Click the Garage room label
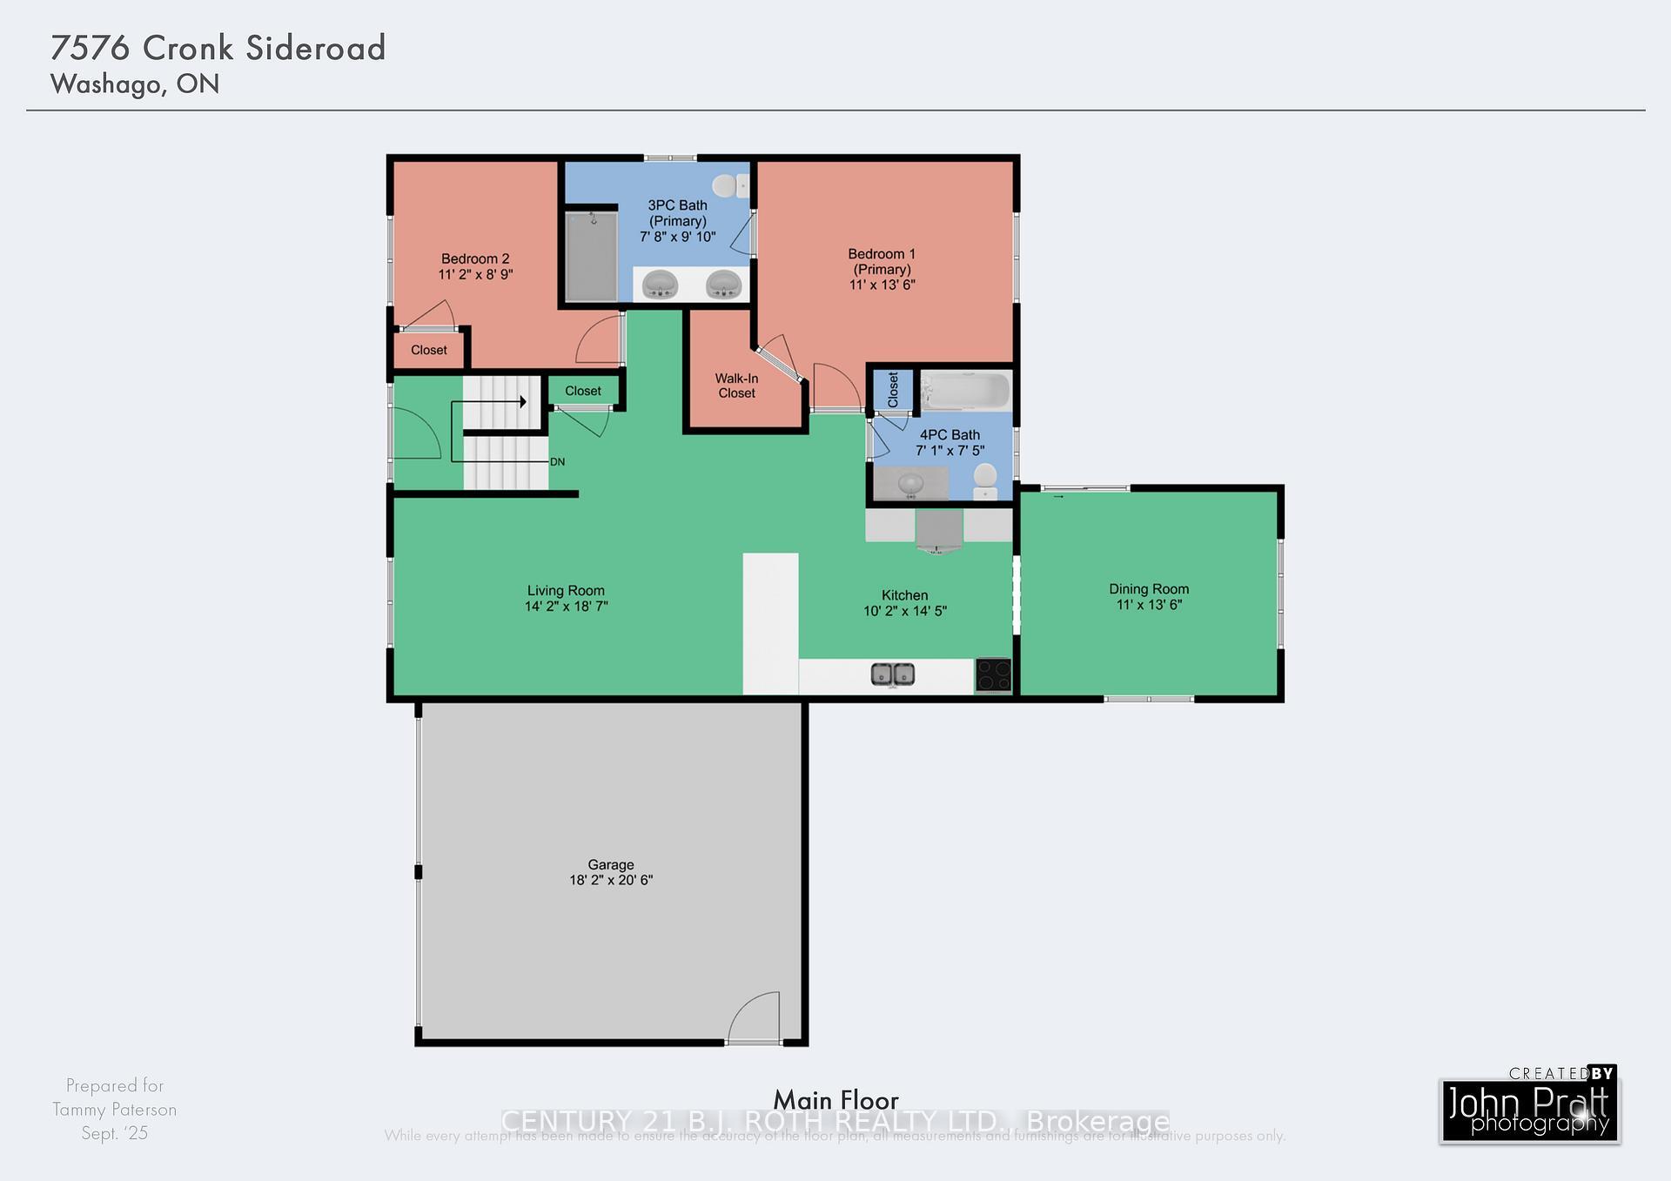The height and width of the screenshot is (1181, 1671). click(610, 864)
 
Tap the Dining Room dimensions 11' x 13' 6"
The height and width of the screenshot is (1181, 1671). click(1149, 605)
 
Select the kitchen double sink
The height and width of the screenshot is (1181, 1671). click(893, 674)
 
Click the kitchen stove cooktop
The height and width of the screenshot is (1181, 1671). click(993, 675)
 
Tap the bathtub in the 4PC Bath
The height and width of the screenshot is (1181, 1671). click(965, 391)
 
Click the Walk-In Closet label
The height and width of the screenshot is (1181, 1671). click(736, 386)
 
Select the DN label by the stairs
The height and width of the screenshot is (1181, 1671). click(557, 462)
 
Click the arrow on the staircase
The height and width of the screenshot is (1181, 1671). click(522, 401)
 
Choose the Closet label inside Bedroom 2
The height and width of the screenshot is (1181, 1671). click(428, 350)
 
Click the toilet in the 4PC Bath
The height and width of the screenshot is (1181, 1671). click(985, 480)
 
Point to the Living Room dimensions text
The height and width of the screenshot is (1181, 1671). click(566, 607)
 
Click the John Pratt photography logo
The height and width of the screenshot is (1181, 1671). click(1529, 1110)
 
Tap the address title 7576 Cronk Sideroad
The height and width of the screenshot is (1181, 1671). click(218, 48)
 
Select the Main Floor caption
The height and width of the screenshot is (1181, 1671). click(835, 1100)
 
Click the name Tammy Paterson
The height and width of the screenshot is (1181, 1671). click(114, 1110)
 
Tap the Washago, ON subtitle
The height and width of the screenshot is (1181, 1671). click(135, 84)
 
